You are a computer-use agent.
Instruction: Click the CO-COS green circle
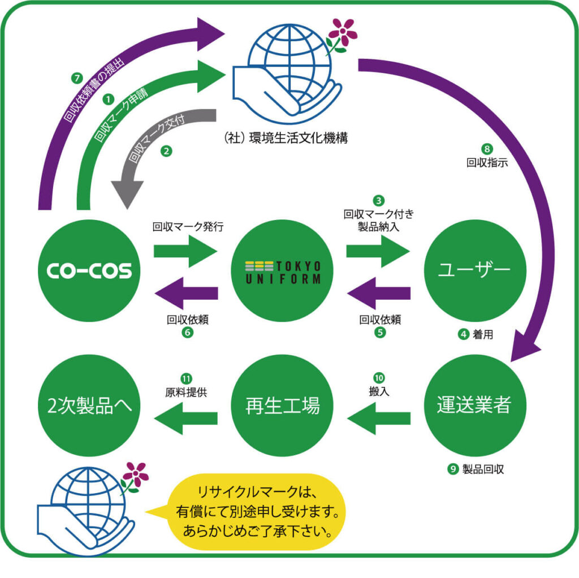[88, 270]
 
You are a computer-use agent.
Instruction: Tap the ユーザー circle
[474, 270]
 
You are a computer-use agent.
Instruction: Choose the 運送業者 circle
[474, 406]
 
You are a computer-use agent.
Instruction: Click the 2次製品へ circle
[88, 406]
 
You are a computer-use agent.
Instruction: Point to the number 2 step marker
[166, 151]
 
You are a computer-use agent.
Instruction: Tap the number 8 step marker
[487, 149]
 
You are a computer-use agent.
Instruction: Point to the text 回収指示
[487, 164]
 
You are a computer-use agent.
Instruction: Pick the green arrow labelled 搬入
[378, 418]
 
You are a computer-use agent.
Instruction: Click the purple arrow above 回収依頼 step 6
[186, 292]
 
